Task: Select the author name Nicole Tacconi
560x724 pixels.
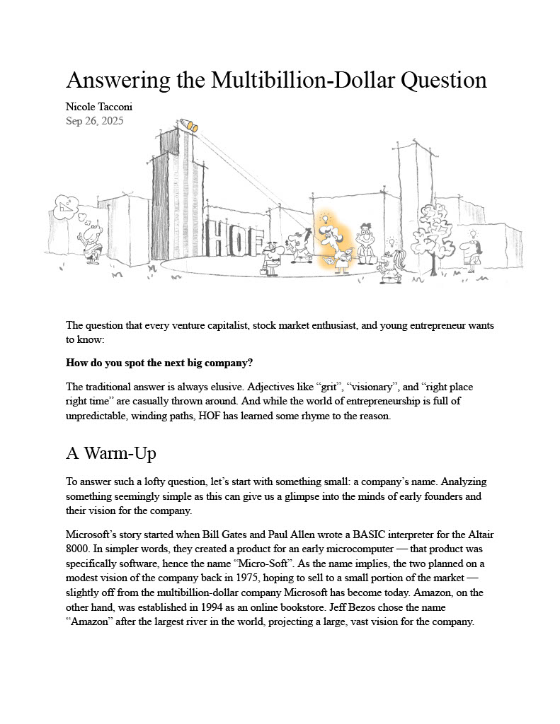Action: point(99,107)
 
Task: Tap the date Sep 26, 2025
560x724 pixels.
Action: point(95,121)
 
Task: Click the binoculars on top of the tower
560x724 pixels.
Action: point(189,126)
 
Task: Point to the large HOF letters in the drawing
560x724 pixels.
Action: point(234,238)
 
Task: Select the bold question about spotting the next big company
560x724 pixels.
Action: point(159,363)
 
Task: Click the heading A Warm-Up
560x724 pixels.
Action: point(111,453)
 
